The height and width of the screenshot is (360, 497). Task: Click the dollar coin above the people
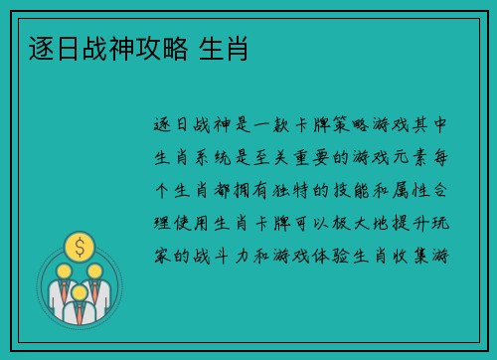[x=79, y=245]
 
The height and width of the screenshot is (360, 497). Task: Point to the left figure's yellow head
[x=63, y=270]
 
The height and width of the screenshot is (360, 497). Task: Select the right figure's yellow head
[x=95, y=270]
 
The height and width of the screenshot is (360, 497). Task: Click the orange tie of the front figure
[x=79, y=316]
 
